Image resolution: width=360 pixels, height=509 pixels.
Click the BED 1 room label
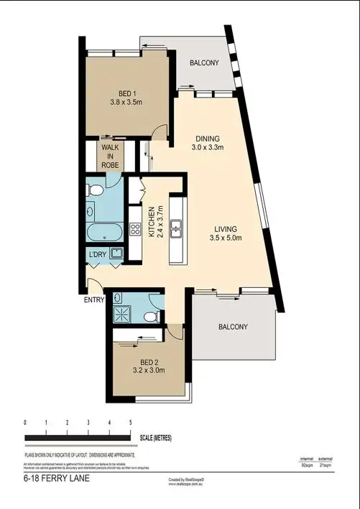tap(129, 92)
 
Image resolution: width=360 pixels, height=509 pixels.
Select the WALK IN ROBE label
tap(111, 156)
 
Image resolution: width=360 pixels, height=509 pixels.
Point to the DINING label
tap(209, 139)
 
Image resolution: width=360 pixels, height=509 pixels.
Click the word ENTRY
tap(93, 299)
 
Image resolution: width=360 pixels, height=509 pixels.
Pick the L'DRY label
tap(98, 253)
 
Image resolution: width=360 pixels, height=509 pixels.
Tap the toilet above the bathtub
tap(93, 190)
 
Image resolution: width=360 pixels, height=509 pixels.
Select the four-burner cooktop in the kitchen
tap(134, 230)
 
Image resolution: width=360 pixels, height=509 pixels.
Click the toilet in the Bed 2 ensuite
tap(149, 316)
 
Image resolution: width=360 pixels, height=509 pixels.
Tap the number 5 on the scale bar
tap(130, 423)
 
